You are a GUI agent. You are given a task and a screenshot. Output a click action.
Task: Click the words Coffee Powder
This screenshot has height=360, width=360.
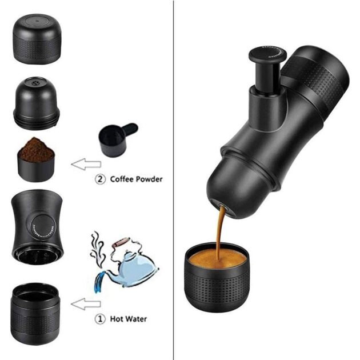click(135, 179)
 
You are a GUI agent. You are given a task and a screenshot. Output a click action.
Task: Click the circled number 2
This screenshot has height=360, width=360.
click(100, 179)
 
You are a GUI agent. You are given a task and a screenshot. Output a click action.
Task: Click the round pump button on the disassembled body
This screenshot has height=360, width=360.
click(43, 225)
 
